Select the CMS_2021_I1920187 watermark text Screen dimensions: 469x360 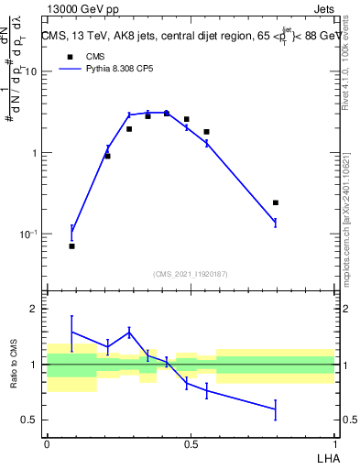pyautogui.click(x=191, y=273)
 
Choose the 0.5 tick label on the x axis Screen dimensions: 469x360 pyautogui.click(x=191, y=443)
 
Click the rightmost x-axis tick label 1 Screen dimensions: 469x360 pyautogui.click(x=334, y=443)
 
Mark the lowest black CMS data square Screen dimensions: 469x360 pyautogui.click(x=71, y=245)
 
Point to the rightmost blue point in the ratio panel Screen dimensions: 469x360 pyautogui.click(x=276, y=409)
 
